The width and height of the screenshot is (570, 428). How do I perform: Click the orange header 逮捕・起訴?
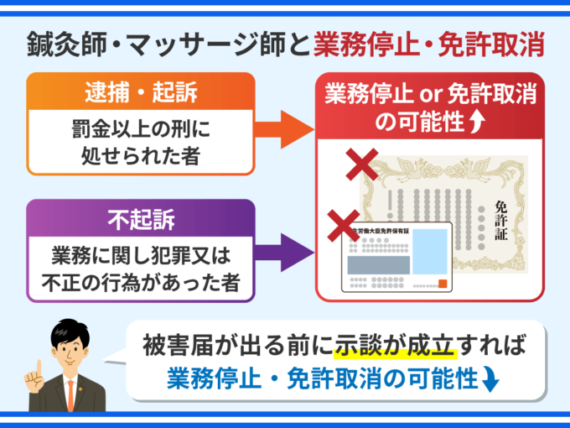coord(140,89)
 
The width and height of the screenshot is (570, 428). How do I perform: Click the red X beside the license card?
coord(342,226)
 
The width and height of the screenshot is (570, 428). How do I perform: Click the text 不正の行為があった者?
coord(141,283)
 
